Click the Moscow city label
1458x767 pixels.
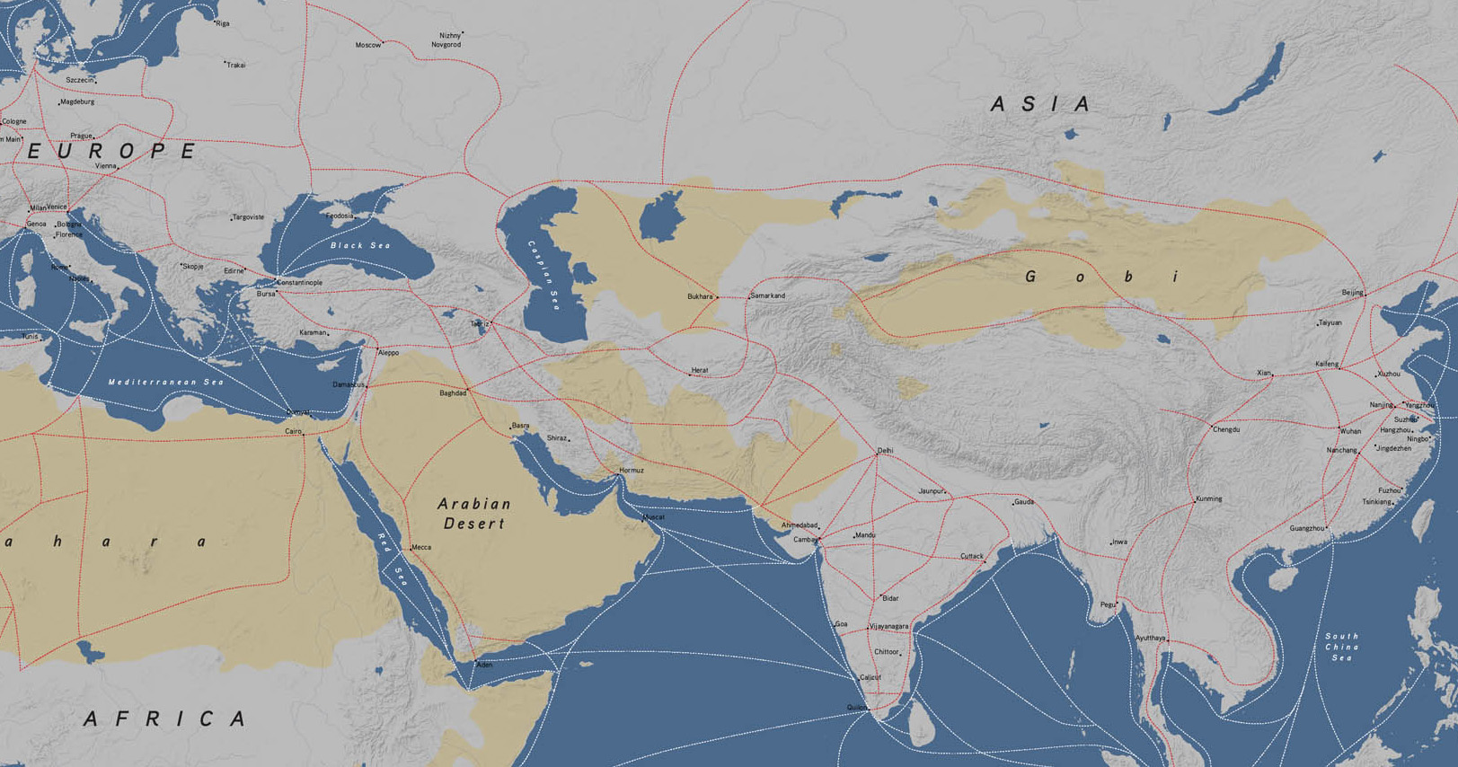point(367,45)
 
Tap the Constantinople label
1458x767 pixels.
point(299,283)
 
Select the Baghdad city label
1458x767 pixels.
point(453,393)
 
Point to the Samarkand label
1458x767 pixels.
point(767,295)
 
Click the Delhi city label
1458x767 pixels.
point(885,451)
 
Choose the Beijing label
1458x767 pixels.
point(1351,293)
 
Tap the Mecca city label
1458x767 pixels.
point(420,547)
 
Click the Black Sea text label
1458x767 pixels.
point(360,245)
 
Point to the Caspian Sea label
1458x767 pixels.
point(544,276)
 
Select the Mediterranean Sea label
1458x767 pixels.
point(166,382)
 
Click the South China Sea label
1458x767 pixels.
point(1341,647)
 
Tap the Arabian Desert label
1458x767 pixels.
point(474,514)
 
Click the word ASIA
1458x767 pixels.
point(1041,105)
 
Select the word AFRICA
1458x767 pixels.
point(165,719)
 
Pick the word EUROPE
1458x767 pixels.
point(111,151)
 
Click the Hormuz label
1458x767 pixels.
point(631,471)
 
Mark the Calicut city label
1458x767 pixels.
point(870,677)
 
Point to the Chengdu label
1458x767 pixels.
point(1226,429)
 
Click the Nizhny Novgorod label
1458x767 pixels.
point(446,40)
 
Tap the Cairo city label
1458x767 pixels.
point(293,432)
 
